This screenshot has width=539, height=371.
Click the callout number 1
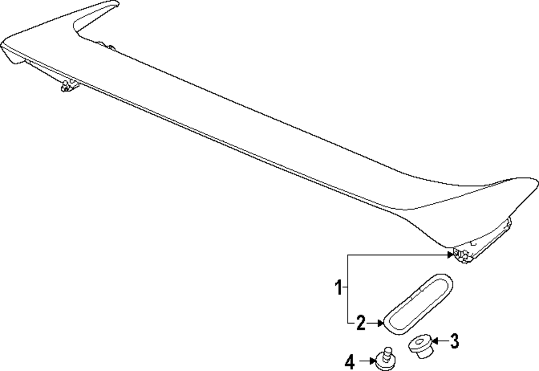[x=339, y=288]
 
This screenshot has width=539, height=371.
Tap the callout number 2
[x=361, y=323]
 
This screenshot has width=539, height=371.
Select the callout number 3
[x=454, y=340]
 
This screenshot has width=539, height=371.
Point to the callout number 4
[x=350, y=362]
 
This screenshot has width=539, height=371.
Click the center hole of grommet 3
[x=419, y=341]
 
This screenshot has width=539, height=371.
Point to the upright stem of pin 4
[x=385, y=352]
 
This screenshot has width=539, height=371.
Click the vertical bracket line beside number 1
[x=348, y=288]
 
